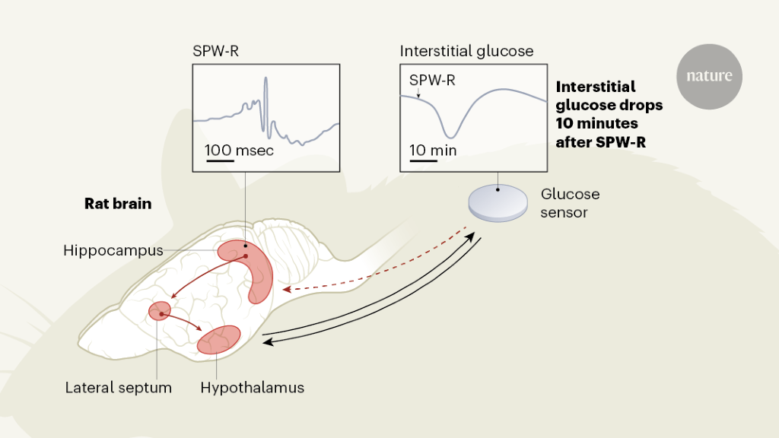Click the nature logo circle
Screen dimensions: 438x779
click(709, 76)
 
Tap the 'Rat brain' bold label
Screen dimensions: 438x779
click(118, 204)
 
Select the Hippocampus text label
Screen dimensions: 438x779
click(113, 250)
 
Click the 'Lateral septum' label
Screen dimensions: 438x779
click(119, 388)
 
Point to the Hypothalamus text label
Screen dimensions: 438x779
click(253, 388)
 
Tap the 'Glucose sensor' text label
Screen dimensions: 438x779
click(570, 203)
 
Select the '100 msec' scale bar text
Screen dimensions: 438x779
click(239, 151)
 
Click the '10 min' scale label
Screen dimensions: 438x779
click(433, 151)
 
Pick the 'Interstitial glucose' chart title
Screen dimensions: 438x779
click(467, 52)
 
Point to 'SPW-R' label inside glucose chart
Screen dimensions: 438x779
click(432, 80)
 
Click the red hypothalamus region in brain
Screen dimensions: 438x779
click(218, 339)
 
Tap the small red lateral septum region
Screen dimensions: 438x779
click(160, 310)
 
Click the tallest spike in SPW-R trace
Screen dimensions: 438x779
click(265, 81)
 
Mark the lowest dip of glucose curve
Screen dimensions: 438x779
click(453, 136)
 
